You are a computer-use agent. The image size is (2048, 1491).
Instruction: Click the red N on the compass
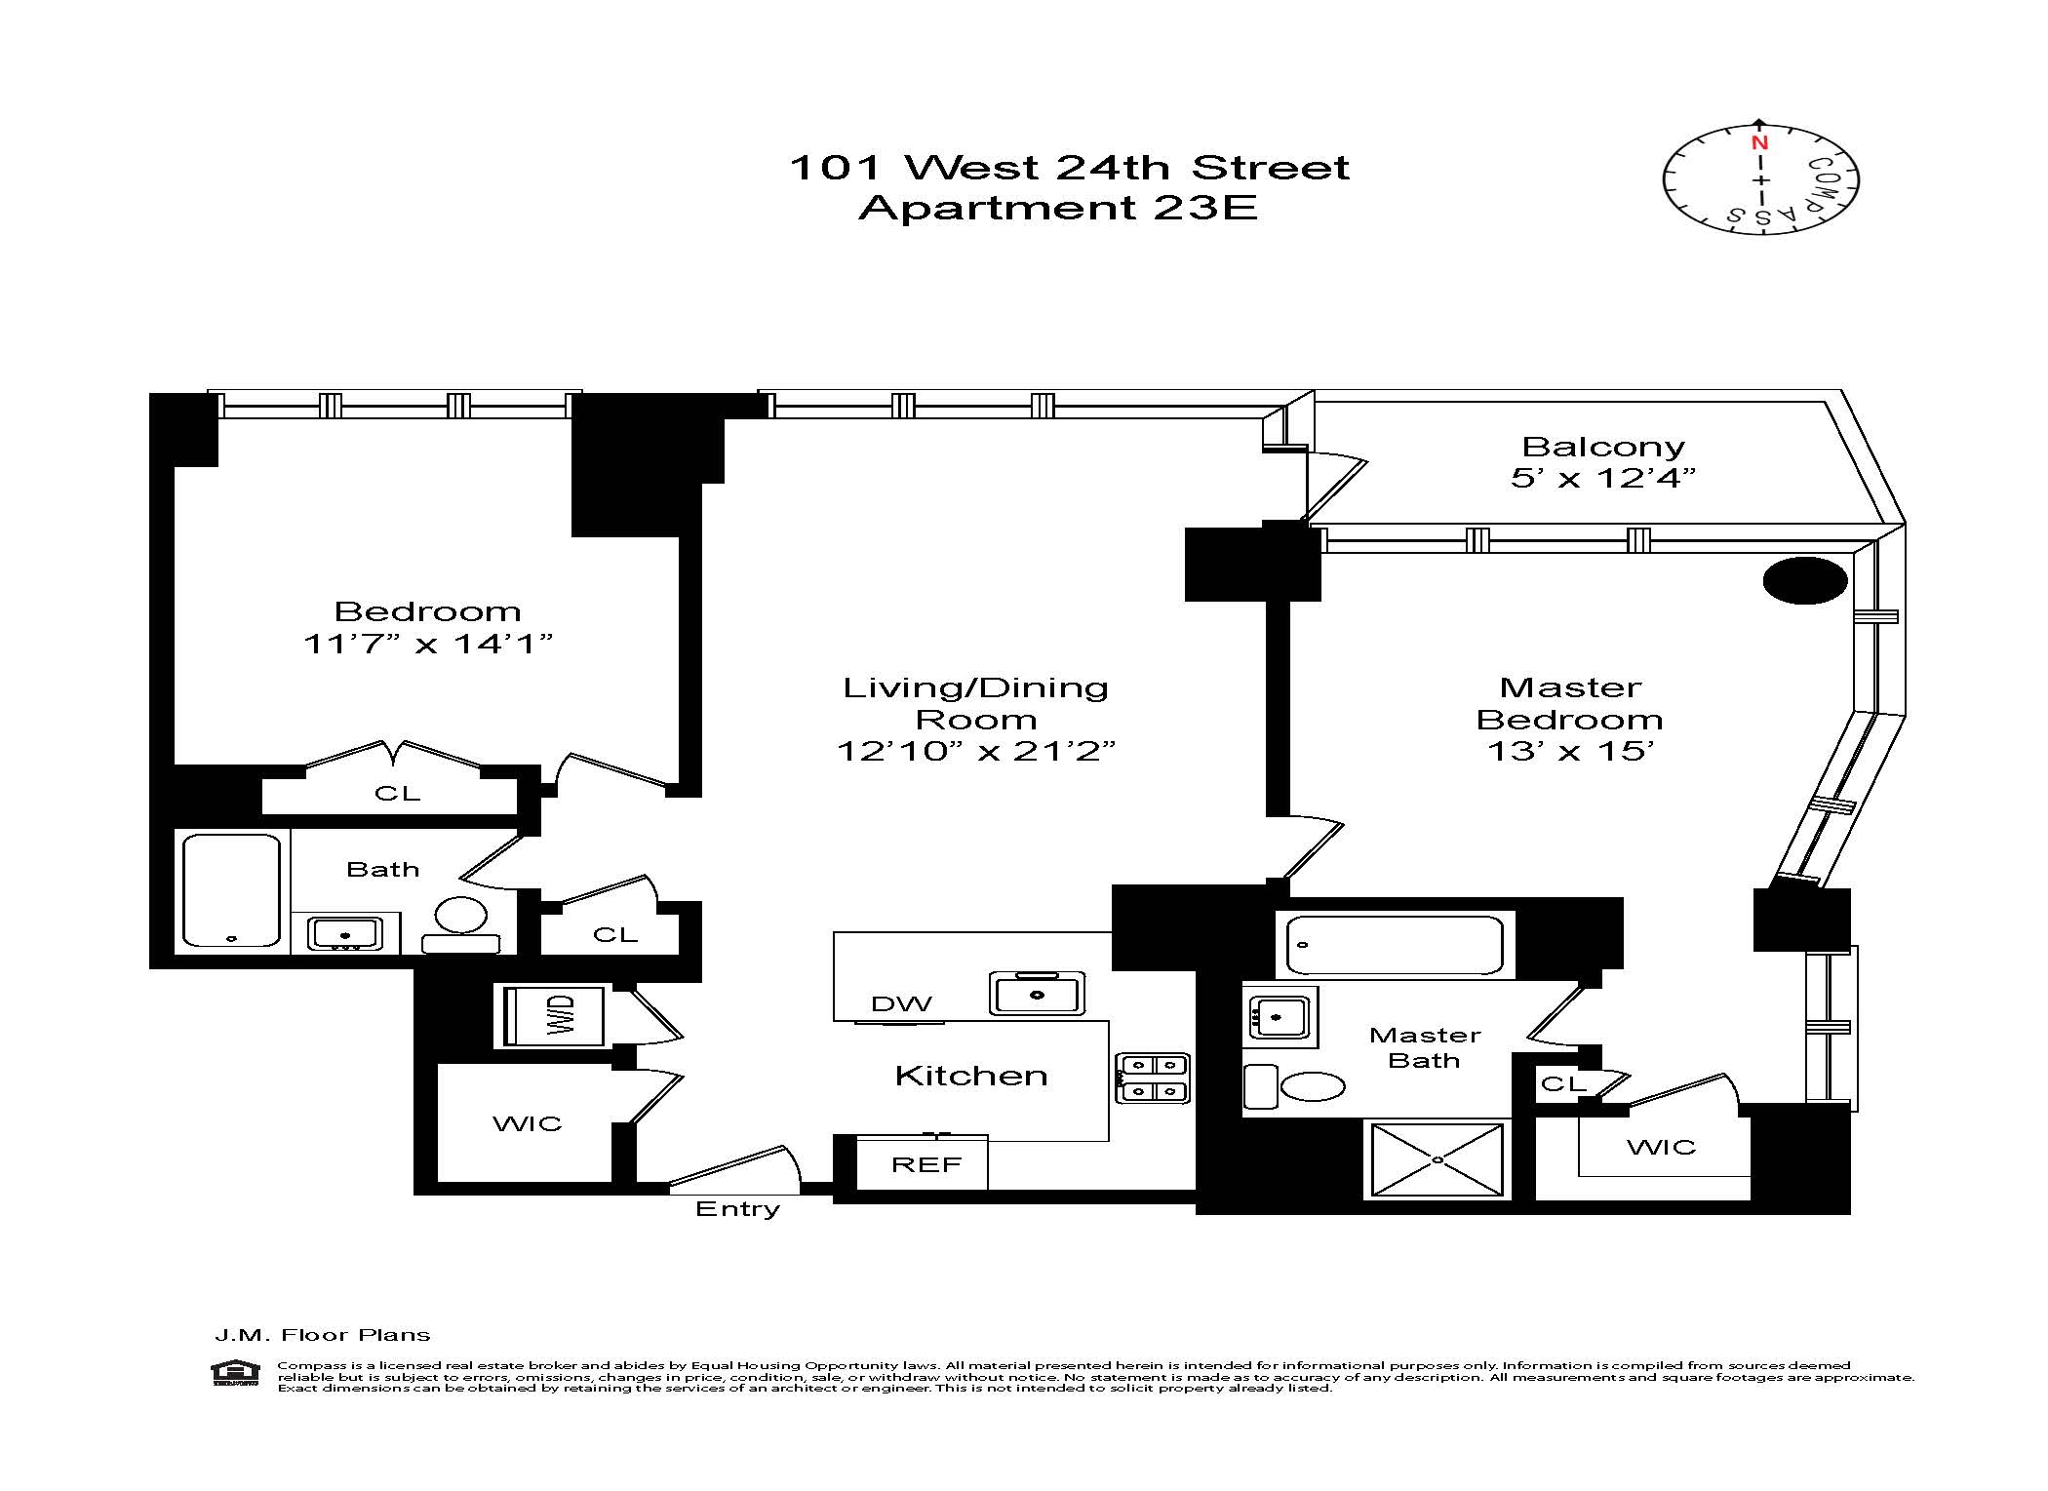(x=1759, y=143)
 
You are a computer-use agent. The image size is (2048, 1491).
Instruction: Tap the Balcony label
(x=1603, y=447)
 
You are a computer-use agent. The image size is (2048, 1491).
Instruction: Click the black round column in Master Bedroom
(x=1805, y=580)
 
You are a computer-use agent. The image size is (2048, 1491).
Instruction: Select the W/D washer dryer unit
(x=554, y=1016)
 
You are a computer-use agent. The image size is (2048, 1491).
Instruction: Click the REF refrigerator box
(x=926, y=1164)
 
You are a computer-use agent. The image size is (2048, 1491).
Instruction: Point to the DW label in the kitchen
(x=901, y=1003)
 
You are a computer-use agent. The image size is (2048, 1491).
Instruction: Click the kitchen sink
(x=1036, y=994)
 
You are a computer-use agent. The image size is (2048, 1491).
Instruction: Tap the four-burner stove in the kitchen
(x=1153, y=1078)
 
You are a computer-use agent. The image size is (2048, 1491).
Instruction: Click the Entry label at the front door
(x=737, y=1209)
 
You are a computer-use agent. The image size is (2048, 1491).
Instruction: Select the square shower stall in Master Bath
(x=1438, y=1159)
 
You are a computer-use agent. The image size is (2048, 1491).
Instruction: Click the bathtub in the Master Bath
(x=1395, y=945)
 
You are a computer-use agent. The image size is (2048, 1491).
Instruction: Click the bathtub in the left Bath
(x=232, y=889)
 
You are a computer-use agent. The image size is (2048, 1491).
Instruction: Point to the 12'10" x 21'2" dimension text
(x=975, y=751)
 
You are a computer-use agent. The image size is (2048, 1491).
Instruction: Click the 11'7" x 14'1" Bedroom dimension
(x=428, y=644)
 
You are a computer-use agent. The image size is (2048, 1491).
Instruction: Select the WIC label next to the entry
(x=527, y=1123)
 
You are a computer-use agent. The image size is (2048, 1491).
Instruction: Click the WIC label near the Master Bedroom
(x=1661, y=1147)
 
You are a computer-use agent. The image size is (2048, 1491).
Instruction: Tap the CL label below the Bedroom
(x=397, y=793)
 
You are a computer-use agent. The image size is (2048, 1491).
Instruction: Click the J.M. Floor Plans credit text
(x=322, y=1335)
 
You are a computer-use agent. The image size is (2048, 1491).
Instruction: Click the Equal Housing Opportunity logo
(x=235, y=1374)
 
